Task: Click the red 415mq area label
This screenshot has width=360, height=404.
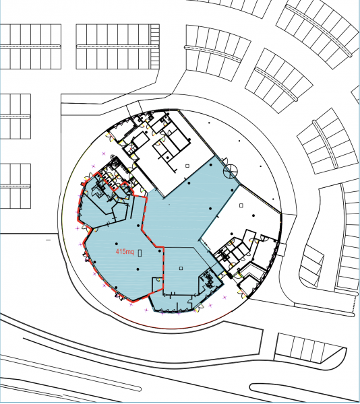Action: (x=125, y=251)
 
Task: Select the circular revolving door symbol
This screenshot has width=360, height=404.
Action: (x=230, y=170)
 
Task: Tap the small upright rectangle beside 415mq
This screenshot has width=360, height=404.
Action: (x=140, y=252)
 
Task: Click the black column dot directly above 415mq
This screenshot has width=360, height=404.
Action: (x=117, y=244)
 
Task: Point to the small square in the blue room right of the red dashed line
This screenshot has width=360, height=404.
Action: (x=181, y=268)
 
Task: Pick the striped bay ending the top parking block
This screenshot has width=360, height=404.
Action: (x=155, y=46)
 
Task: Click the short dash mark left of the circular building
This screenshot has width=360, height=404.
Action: (x=49, y=240)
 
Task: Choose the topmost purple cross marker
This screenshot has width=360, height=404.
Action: (x=104, y=154)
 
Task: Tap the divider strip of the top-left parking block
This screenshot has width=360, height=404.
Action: (x=30, y=46)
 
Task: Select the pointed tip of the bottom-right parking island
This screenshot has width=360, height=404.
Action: (x=346, y=348)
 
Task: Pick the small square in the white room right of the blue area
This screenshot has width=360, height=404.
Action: (x=241, y=205)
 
